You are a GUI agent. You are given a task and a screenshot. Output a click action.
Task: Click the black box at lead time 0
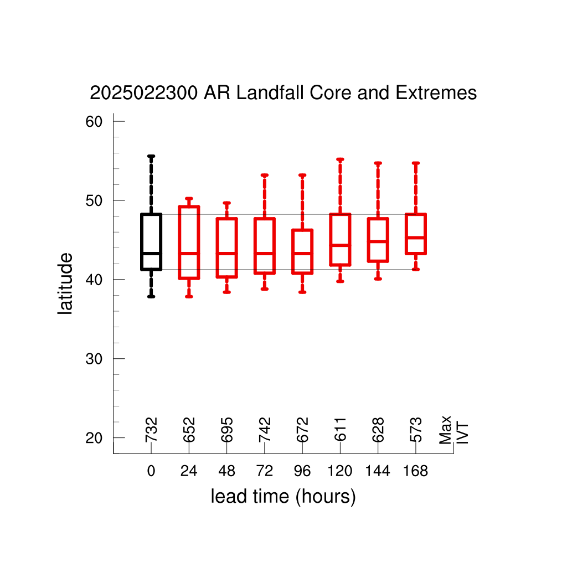coord(141,241)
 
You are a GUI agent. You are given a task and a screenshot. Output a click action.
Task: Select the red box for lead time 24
coord(179,243)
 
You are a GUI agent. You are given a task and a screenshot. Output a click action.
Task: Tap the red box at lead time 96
coord(292,252)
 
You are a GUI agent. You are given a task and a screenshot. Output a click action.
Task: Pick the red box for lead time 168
coord(406,234)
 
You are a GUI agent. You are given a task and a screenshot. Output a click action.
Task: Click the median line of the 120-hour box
coord(341,245)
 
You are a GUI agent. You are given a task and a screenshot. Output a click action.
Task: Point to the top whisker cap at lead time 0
coord(151,156)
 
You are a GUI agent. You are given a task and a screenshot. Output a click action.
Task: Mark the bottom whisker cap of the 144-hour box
coord(378,279)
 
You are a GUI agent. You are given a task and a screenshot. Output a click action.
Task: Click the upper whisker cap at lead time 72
coord(265,176)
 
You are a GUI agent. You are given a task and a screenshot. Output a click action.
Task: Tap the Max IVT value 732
coord(152,430)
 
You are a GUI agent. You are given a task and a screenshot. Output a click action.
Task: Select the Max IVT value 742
coord(265,430)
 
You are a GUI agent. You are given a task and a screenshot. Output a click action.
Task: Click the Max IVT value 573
coord(416,430)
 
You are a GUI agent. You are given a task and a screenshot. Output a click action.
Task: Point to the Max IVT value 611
coord(341,430)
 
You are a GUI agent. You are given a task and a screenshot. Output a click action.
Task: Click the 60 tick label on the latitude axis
coord(94,122)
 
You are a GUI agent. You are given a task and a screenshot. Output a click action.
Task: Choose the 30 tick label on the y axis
coord(94,359)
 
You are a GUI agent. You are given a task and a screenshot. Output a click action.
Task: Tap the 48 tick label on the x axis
coord(226,471)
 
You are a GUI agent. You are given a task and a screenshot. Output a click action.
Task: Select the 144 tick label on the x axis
coord(378,471)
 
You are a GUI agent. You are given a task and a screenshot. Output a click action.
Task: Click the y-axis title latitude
coord(65,283)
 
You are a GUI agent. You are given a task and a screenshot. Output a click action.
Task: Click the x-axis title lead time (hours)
coord(283,497)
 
